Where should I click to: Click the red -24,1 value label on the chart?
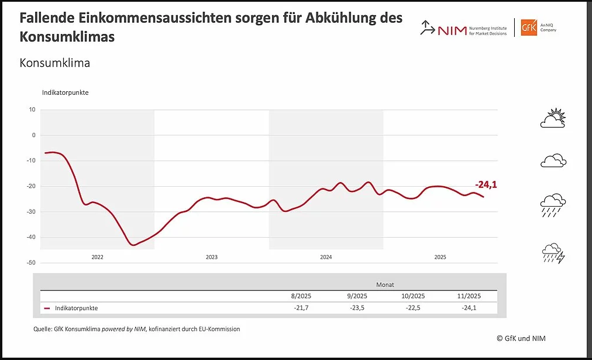click(x=486, y=186)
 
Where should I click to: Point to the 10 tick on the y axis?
click(x=32, y=109)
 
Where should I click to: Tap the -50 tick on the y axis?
click(x=31, y=263)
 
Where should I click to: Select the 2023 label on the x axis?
click(x=211, y=257)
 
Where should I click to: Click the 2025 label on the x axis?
click(x=440, y=257)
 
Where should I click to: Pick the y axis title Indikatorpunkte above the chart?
click(x=65, y=92)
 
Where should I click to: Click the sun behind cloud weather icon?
click(x=553, y=119)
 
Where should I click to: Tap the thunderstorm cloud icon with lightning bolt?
click(x=553, y=253)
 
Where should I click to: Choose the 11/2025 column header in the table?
click(x=469, y=296)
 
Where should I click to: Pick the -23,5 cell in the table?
click(x=356, y=308)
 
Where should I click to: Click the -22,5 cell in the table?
click(x=413, y=308)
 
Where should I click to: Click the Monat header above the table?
click(x=385, y=284)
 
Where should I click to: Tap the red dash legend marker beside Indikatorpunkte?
click(x=47, y=308)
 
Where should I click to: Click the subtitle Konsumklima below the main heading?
click(x=55, y=63)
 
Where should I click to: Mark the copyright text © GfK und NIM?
click(x=521, y=338)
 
